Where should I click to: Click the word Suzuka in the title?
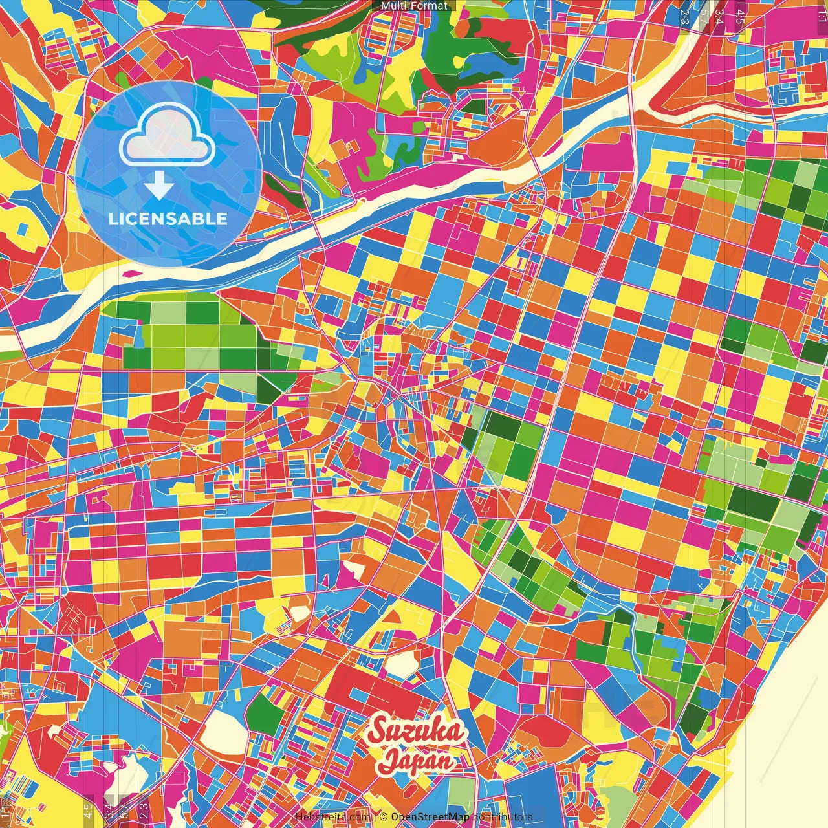416,732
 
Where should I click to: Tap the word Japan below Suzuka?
417,760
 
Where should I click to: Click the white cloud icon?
167,135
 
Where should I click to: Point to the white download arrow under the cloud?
159,186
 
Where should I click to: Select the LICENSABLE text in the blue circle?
168,219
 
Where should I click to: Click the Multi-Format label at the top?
414,6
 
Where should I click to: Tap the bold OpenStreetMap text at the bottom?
430,817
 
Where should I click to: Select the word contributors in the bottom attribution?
502,817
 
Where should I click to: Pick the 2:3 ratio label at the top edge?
684,16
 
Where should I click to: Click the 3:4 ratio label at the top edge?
719,16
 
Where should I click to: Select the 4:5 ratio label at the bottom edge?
88,811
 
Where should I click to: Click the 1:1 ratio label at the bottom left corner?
6,812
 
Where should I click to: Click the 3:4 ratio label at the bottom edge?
109,811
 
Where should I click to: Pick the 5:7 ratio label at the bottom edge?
124,812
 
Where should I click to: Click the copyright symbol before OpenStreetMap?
383,817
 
